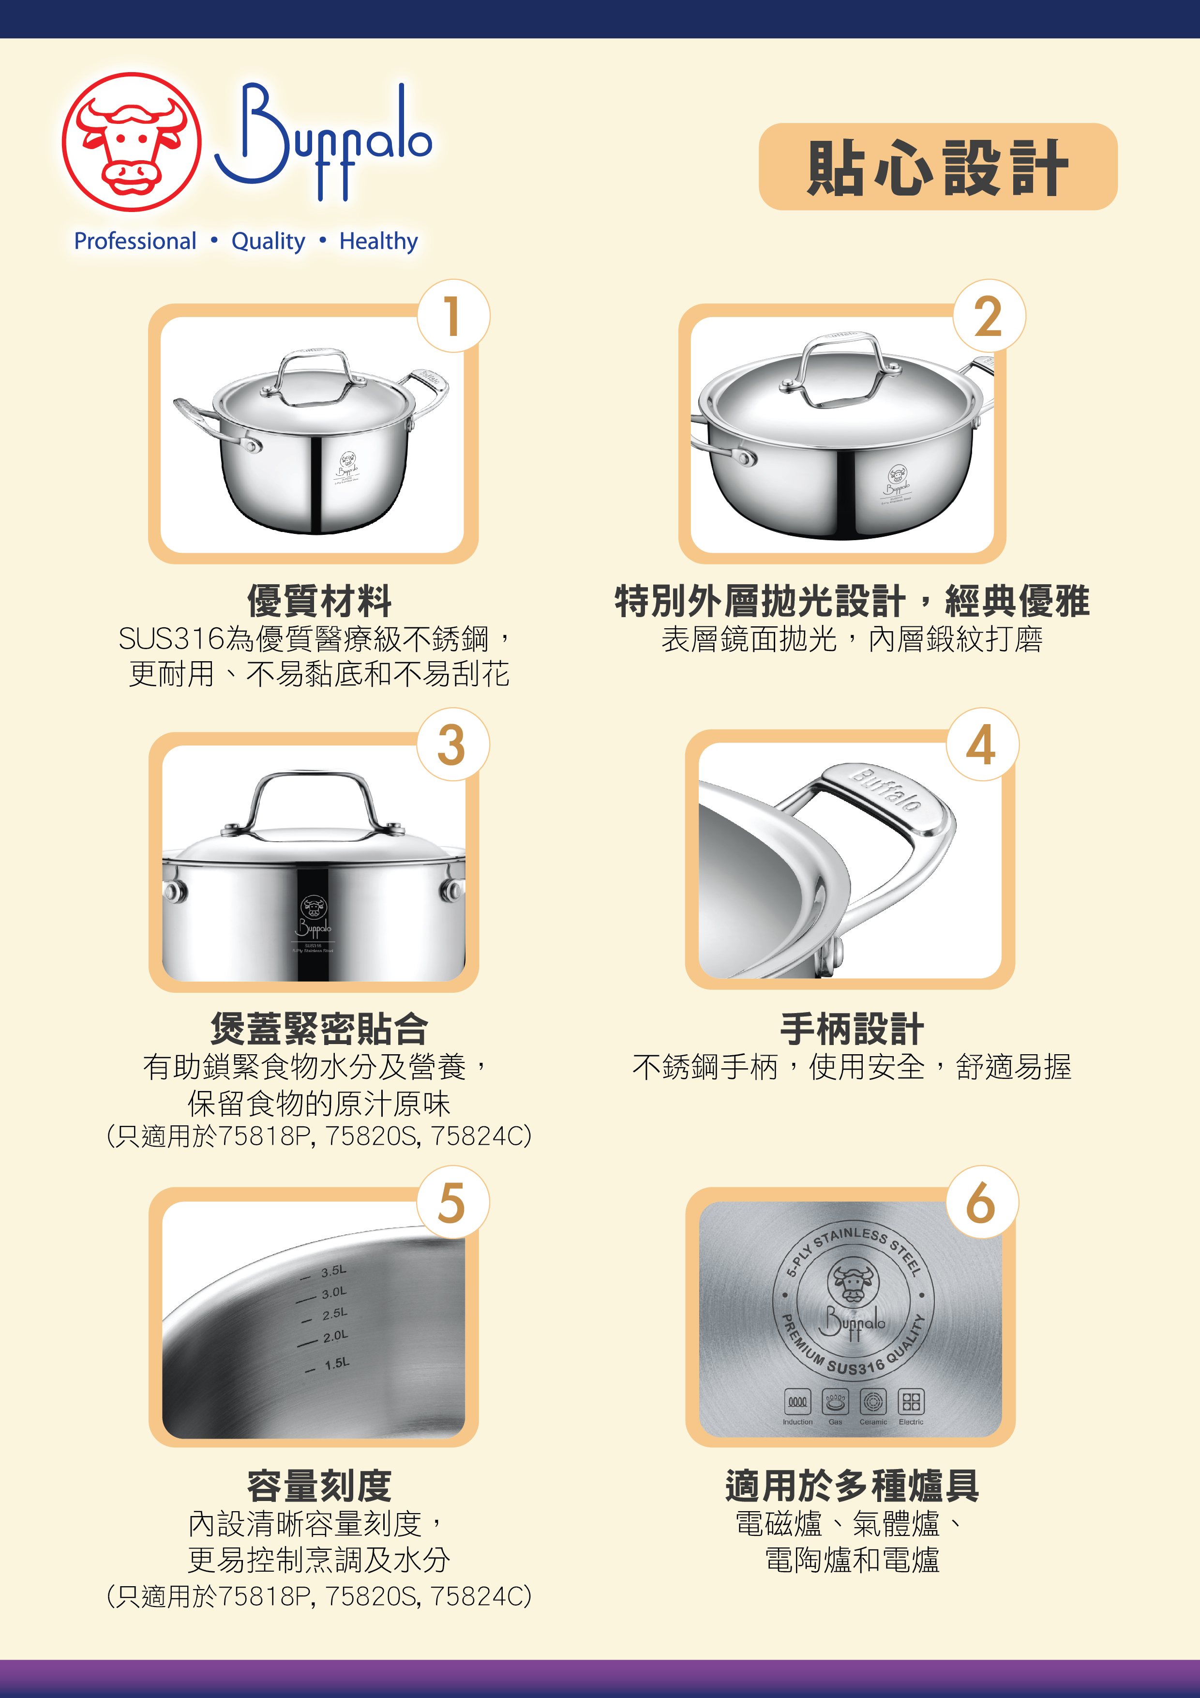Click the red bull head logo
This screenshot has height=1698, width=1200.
[x=132, y=142]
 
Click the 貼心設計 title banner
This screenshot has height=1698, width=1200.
[x=938, y=167]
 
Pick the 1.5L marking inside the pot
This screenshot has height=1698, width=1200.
[x=336, y=1363]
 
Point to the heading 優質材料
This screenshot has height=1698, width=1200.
[x=319, y=601]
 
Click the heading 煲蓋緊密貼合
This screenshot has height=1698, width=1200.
[x=319, y=1028]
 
